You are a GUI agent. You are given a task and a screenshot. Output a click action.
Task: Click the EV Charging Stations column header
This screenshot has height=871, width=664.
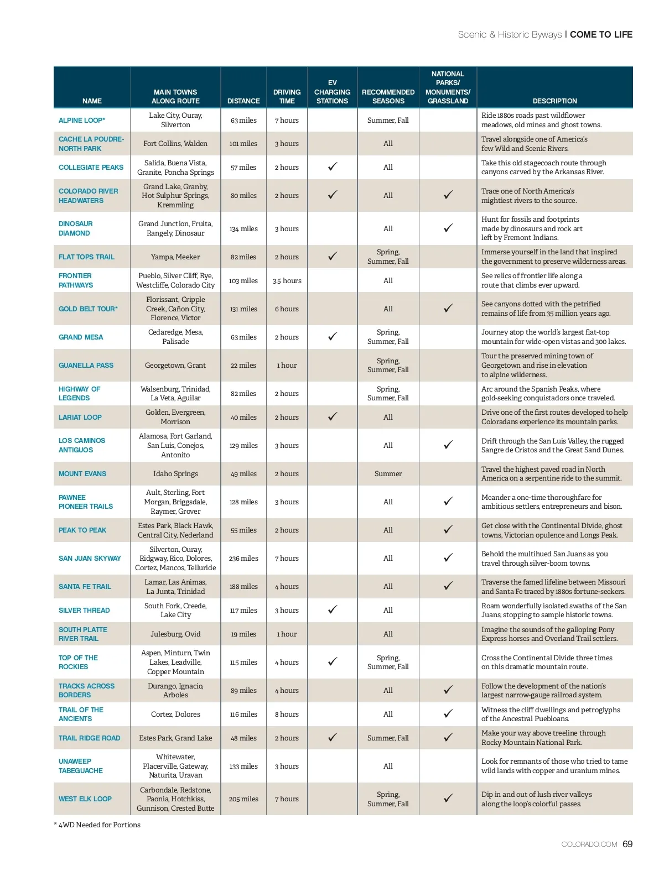click(x=332, y=92)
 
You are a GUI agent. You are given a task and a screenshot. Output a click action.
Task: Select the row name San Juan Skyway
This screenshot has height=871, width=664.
click(x=90, y=559)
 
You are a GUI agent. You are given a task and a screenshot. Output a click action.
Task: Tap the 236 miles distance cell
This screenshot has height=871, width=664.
click(x=243, y=559)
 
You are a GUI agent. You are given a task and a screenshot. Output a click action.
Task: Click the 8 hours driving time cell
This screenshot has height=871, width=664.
click(x=287, y=714)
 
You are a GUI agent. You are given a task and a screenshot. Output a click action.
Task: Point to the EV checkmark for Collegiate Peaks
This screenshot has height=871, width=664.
click(x=333, y=167)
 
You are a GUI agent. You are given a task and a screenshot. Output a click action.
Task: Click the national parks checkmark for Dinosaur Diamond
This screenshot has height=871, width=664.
click(x=448, y=228)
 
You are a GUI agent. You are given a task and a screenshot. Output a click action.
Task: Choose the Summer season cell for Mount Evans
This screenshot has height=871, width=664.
click(x=388, y=474)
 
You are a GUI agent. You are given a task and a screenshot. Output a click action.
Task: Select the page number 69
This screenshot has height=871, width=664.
click(x=627, y=844)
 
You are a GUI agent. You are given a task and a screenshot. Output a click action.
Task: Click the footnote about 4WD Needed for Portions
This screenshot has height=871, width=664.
click(x=97, y=825)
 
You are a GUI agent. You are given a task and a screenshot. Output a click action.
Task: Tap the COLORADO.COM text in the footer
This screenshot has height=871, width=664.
click(x=589, y=844)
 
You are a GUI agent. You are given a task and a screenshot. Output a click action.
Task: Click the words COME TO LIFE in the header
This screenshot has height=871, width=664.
click(x=601, y=34)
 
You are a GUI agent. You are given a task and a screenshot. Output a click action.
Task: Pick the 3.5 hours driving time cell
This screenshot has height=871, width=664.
click(x=287, y=281)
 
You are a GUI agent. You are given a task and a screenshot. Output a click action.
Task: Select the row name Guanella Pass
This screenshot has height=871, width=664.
click(x=86, y=366)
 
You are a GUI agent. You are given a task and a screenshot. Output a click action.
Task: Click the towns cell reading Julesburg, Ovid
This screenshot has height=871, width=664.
click(x=175, y=634)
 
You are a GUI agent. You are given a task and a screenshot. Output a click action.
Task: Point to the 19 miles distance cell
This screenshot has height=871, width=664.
click(x=243, y=634)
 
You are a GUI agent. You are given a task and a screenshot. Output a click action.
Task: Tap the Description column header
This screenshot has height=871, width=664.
click(x=554, y=101)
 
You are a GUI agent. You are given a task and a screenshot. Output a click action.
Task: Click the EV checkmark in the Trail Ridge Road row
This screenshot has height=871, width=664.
click(x=333, y=738)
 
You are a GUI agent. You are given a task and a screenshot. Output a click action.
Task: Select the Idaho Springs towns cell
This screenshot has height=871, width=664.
click(x=175, y=474)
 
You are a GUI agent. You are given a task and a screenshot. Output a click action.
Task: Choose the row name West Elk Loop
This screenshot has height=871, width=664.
click(x=85, y=799)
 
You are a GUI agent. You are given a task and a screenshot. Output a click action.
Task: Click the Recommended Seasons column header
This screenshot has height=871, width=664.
click(x=388, y=96)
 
